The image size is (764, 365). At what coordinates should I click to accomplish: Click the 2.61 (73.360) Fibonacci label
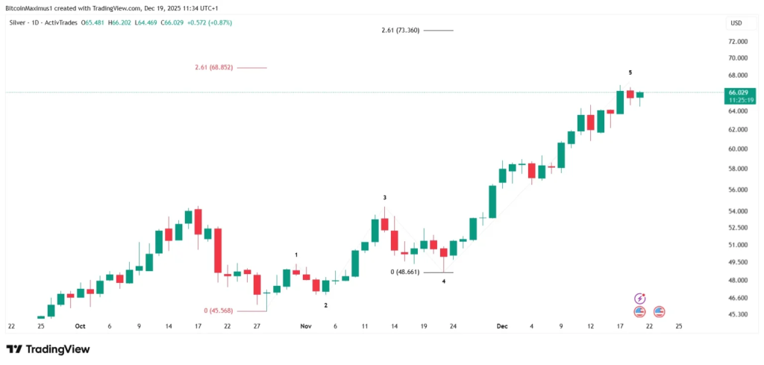pyautogui.click(x=399, y=30)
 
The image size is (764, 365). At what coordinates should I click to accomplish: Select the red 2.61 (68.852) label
pyautogui.click(x=213, y=67)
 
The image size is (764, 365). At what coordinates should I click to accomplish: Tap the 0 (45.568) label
pyautogui.click(x=224, y=311)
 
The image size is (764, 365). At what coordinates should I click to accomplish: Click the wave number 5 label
pyautogui.click(x=630, y=72)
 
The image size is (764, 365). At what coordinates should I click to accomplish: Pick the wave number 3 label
pyautogui.click(x=385, y=198)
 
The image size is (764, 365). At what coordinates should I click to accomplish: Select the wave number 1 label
pyautogui.click(x=296, y=255)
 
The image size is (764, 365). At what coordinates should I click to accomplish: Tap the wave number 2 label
pyautogui.click(x=325, y=305)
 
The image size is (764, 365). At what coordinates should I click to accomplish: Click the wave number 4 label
pyautogui.click(x=443, y=281)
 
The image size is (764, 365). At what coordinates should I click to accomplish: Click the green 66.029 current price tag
pyautogui.click(x=737, y=92)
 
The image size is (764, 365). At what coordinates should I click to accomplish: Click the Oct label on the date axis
pyautogui.click(x=80, y=326)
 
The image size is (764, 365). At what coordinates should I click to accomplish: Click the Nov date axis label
pyautogui.click(x=305, y=326)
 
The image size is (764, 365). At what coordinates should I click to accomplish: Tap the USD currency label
pyautogui.click(x=736, y=22)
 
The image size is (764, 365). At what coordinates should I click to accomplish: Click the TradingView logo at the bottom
pyautogui.click(x=48, y=349)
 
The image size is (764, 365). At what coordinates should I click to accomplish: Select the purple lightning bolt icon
pyautogui.click(x=639, y=299)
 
